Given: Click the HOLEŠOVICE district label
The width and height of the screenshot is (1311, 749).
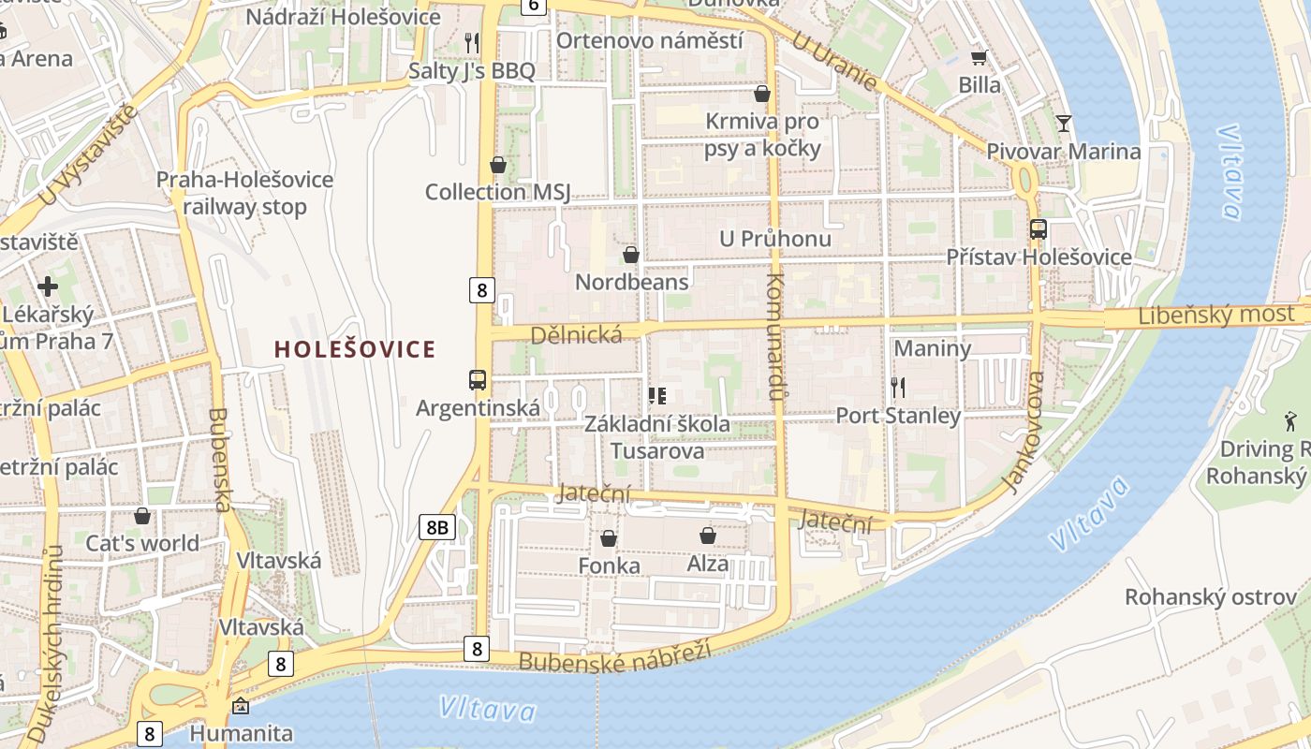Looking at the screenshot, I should tap(355, 349).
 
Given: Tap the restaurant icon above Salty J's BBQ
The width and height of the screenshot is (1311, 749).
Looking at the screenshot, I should tap(472, 42).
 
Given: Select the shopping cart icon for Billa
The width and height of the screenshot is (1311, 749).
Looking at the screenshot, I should tap(979, 57).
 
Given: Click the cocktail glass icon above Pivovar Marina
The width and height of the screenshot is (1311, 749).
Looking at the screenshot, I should tap(1063, 123).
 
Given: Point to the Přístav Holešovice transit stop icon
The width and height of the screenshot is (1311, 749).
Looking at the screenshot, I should tap(1038, 228).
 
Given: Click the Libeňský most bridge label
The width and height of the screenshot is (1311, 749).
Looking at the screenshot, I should tap(1215, 316).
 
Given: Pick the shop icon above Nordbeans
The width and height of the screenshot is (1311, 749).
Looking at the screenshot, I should tap(631, 254).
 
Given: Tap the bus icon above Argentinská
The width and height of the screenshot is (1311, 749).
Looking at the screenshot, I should tap(478, 379).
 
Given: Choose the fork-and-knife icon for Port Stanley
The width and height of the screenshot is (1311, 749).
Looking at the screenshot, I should tap(898, 387).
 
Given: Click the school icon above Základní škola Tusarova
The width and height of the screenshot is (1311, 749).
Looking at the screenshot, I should tap(657, 395).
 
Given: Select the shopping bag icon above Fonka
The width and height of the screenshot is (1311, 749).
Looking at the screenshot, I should tap(609, 537).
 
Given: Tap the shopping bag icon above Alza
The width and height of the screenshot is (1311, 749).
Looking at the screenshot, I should tap(708, 535).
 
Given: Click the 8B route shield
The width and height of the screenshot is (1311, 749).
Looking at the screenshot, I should tap(436, 527).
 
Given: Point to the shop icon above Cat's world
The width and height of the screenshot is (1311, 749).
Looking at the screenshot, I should tap(142, 515).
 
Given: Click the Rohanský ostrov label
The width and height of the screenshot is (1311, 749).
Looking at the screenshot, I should tap(1210, 596).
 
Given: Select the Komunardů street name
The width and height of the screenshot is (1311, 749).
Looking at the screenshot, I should tap(774, 337).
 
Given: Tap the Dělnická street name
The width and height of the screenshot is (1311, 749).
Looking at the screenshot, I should tap(576, 334).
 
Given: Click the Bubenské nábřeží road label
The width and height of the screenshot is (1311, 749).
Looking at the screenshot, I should tap(614, 655).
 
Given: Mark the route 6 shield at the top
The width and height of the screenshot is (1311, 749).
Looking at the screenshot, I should tap(533, 6).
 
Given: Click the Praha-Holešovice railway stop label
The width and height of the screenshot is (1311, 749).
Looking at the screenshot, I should tap(244, 193).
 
